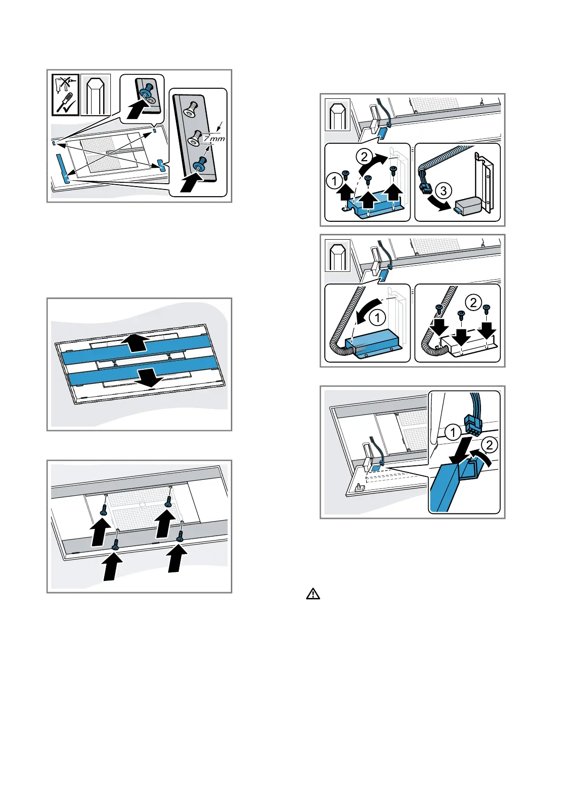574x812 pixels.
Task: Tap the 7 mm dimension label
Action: pyautogui.click(x=214, y=138)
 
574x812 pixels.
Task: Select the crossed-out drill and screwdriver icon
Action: pyautogui.click(x=65, y=95)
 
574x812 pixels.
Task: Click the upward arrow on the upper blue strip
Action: pyautogui.click(x=135, y=342)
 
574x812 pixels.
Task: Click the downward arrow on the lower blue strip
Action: pyautogui.click(x=148, y=377)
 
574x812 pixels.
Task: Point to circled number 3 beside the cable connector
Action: pyautogui.click(x=443, y=190)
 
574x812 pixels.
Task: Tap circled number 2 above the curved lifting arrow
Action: pyautogui.click(x=364, y=157)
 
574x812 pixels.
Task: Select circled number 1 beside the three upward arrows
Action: pyautogui.click(x=334, y=180)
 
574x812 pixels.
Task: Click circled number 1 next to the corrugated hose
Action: pyautogui.click(x=377, y=318)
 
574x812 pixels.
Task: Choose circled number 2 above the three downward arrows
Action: pyautogui.click(x=473, y=302)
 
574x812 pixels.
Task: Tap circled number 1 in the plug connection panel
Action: pyautogui.click(x=453, y=432)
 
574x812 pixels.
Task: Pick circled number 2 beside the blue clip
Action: pyautogui.click(x=489, y=445)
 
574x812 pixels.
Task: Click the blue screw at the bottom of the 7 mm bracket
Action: pyautogui.click(x=200, y=166)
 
